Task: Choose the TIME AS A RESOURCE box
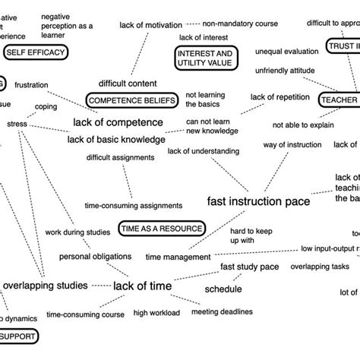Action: pos(161,227)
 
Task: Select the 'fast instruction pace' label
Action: pos(258,202)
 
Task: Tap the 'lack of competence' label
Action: pos(118,122)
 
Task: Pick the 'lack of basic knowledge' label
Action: pos(116,139)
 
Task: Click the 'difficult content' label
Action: pos(128,83)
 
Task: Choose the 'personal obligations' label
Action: pos(96,257)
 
